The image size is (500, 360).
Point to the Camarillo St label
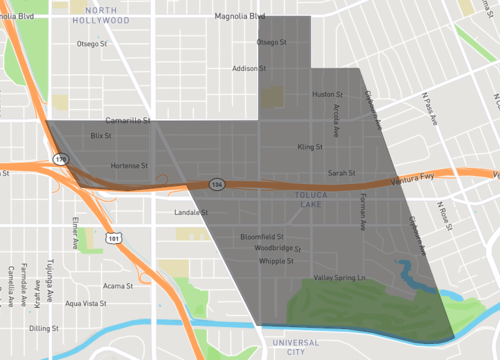(127, 119)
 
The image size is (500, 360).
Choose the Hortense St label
(130, 165)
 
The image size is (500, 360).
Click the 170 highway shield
(59, 158)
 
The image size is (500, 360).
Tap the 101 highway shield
(114, 238)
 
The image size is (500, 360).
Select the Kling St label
(309, 146)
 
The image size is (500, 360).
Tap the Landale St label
(189, 213)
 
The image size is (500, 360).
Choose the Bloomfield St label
(263, 236)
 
